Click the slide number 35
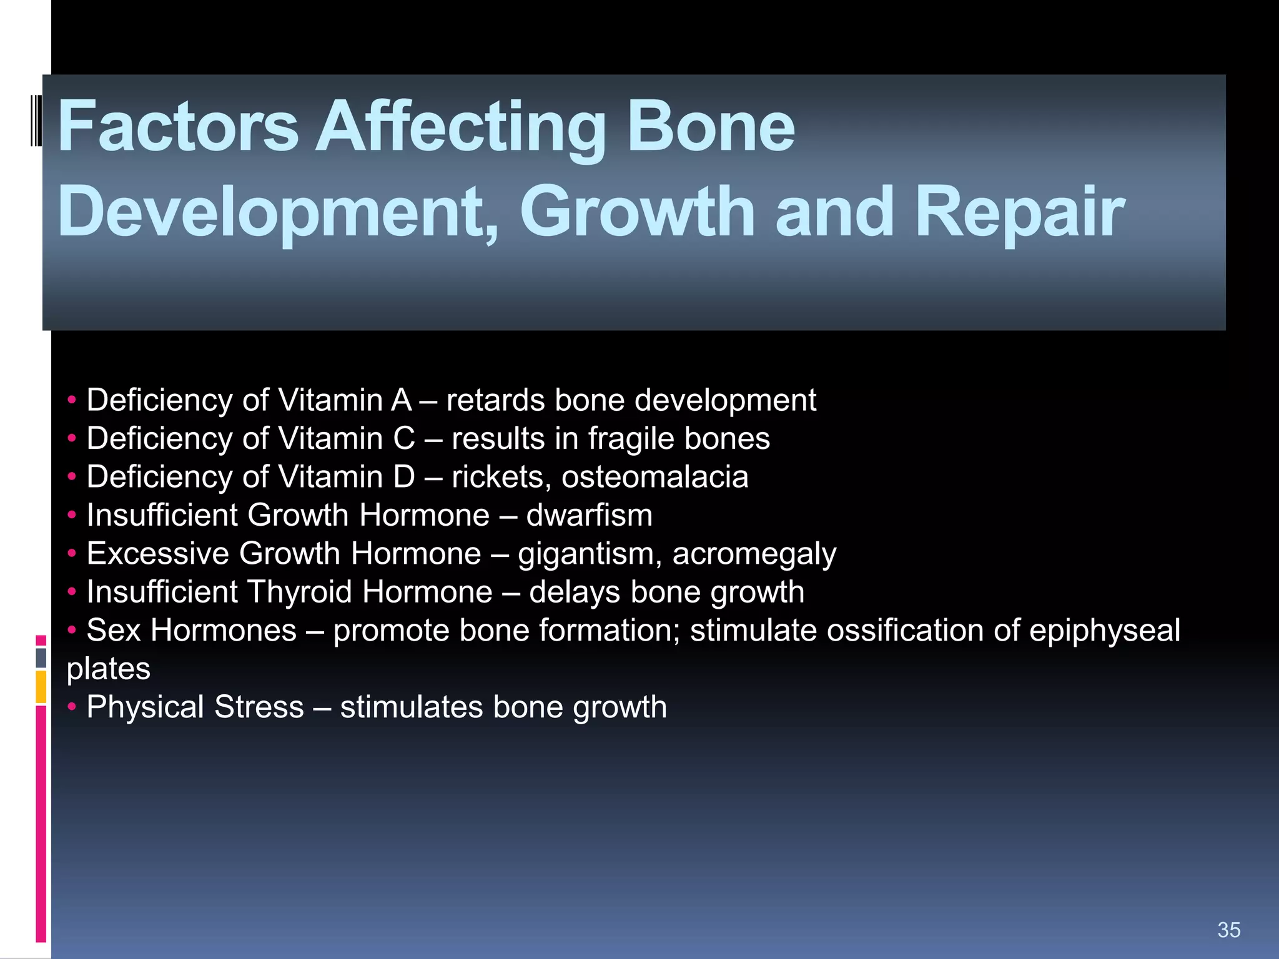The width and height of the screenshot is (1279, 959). tap(1228, 930)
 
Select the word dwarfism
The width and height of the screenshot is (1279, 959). tap(589, 516)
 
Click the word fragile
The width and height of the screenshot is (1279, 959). tap(631, 438)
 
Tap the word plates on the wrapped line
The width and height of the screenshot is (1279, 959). tap(109, 669)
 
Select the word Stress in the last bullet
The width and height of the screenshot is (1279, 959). tap(259, 707)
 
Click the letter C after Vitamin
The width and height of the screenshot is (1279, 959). tap(404, 438)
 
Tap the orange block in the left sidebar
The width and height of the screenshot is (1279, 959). tap(41, 687)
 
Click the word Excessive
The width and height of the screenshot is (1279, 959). tap(157, 554)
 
